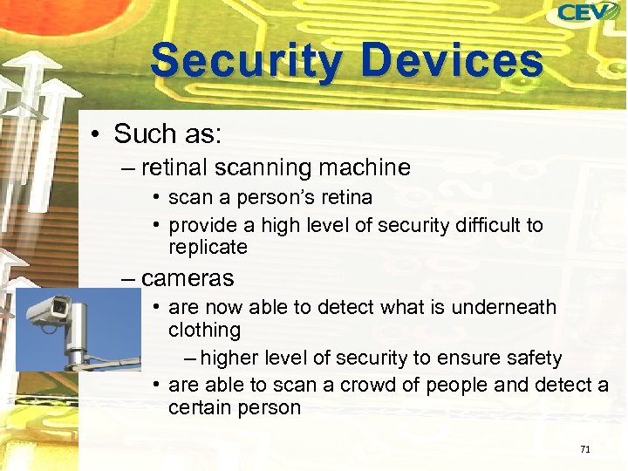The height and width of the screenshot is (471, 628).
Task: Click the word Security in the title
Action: (x=245, y=61)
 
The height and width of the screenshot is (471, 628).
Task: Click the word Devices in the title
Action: (x=453, y=61)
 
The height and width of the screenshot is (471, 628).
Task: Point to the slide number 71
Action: (x=585, y=449)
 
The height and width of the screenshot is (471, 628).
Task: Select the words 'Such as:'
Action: (x=168, y=134)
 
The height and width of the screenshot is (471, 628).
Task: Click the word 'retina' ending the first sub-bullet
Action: (x=345, y=198)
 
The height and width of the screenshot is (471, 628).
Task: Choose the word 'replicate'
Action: (x=208, y=247)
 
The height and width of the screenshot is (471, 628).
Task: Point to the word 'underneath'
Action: (x=507, y=307)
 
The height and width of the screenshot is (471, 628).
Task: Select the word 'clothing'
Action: (x=204, y=330)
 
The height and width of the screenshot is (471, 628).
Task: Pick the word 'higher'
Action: (x=229, y=358)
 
